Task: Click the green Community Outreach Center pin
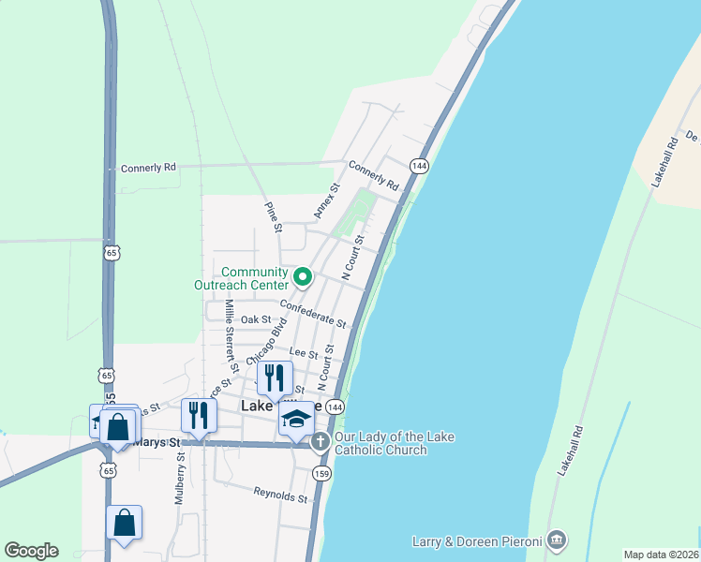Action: coord(303,276)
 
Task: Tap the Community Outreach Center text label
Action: coord(241,278)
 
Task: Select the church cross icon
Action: coord(321,440)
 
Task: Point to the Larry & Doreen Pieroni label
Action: coord(477,541)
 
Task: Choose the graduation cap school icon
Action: coord(296,419)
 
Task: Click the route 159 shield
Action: coord(321,473)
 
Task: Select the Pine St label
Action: coord(273,217)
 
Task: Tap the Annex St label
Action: coord(325,201)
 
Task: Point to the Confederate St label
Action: coord(313,313)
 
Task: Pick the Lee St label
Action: coord(304,353)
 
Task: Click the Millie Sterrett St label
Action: coord(231,337)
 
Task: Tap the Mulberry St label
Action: coord(179,479)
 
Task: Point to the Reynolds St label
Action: coord(280,494)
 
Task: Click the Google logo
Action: coord(31,551)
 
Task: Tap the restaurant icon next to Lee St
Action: coord(274,377)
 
